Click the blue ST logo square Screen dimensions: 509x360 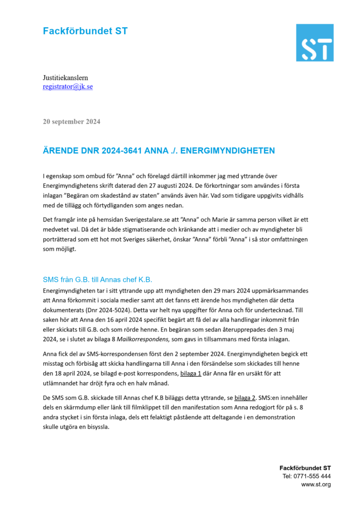tap(314, 42)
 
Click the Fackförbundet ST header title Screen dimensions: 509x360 tap(85, 31)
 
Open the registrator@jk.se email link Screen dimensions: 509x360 tap(68, 86)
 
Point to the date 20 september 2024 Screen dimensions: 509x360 tap(72, 121)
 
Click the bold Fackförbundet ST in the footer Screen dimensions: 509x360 tap(305, 468)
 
